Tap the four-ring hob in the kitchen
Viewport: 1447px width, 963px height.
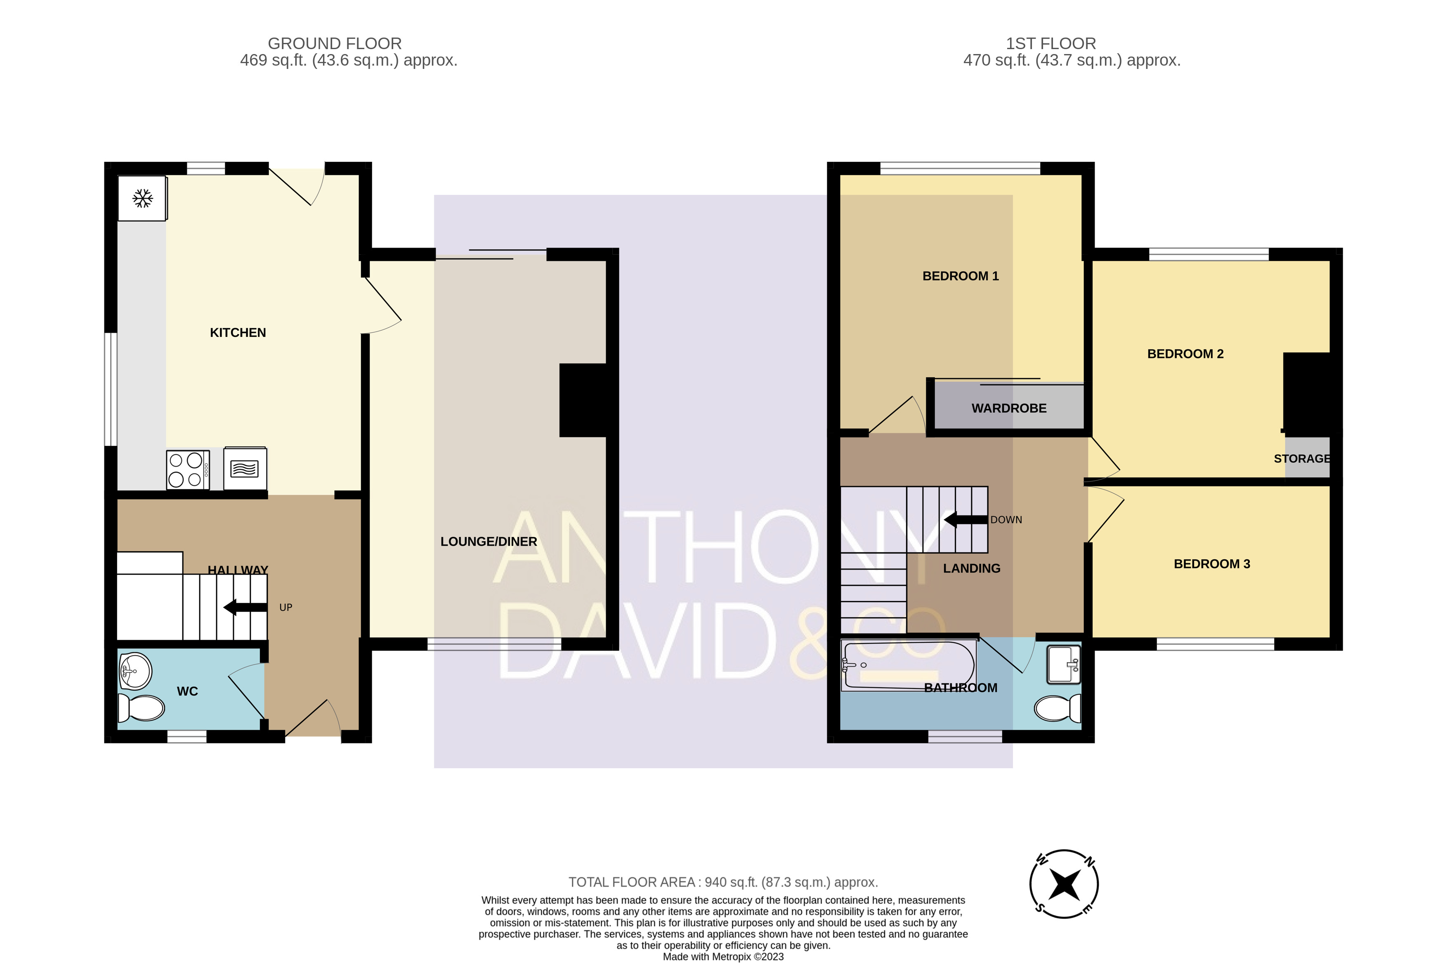point(188,470)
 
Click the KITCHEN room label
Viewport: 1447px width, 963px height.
point(238,333)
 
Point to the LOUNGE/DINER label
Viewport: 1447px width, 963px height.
point(489,542)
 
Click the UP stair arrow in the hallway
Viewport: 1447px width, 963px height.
point(245,608)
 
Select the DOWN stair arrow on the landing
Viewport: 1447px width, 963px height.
point(965,520)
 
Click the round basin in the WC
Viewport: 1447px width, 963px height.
point(135,671)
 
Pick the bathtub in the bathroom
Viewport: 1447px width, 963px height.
point(909,665)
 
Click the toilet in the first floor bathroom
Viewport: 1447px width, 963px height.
point(1057,709)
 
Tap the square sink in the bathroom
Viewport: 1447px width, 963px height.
point(1063,664)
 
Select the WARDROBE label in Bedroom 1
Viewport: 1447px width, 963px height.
point(1009,408)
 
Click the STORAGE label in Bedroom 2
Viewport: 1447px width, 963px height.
point(1301,459)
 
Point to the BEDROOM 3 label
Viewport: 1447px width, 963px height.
point(1211,564)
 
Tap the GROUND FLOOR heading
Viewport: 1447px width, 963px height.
point(335,44)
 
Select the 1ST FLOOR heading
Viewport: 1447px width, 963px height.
point(1050,44)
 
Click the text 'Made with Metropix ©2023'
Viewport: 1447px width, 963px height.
point(723,956)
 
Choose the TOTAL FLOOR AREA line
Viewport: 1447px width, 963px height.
point(723,882)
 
